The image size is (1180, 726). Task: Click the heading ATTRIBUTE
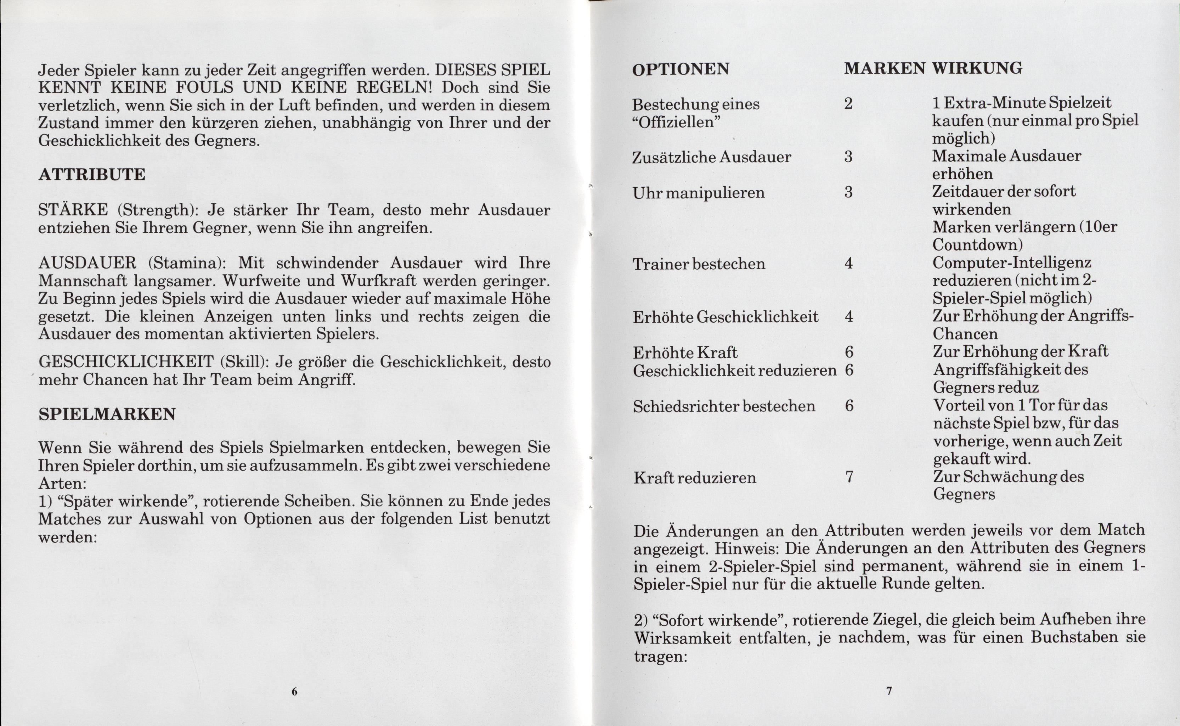(x=92, y=174)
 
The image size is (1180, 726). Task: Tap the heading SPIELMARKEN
(x=107, y=414)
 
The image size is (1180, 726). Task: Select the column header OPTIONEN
(x=681, y=69)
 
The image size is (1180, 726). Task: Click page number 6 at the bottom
(x=295, y=691)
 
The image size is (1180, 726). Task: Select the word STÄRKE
(x=73, y=210)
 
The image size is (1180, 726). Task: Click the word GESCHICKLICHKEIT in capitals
(x=126, y=361)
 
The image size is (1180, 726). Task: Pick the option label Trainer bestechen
(x=699, y=264)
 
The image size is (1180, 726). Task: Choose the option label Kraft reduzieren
(x=695, y=478)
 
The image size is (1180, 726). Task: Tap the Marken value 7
(x=849, y=477)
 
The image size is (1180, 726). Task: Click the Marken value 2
(x=848, y=104)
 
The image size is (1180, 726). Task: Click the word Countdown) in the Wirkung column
(x=977, y=245)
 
